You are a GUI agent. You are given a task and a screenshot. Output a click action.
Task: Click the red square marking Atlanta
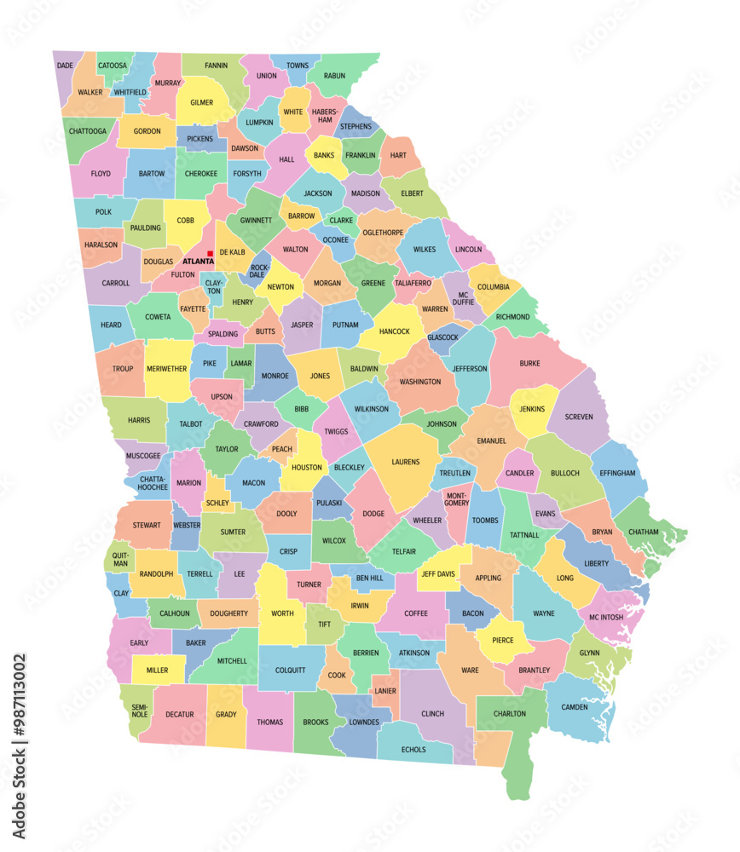coord(210,253)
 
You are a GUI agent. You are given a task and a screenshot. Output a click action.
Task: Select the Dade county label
coord(65,65)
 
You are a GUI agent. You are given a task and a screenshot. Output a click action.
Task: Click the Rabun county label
coord(335,76)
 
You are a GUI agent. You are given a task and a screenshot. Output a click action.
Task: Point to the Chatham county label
coord(644,532)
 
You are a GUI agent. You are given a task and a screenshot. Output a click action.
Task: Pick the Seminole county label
coord(139,710)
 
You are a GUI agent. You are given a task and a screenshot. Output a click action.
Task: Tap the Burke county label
coord(529,363)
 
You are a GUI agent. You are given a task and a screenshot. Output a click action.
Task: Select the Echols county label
coord(413,750)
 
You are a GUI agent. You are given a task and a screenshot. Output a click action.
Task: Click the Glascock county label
coord(442,337)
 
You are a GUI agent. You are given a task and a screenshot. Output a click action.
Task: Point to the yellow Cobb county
coord(185,220)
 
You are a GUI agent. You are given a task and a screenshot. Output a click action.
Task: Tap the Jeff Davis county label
coord(438,573)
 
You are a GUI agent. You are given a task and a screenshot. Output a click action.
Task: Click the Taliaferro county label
coord(413,283)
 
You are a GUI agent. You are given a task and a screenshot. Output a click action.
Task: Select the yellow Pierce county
coord(502,639)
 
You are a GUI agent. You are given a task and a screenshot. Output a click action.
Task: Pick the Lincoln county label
coord(468,250)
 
